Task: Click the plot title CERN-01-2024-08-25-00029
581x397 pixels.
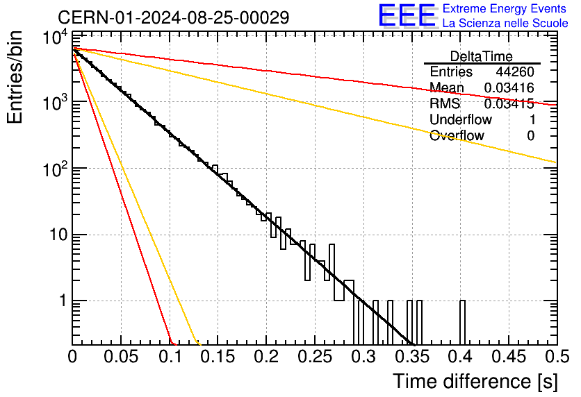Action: pyautogui.click(x=174, y=17)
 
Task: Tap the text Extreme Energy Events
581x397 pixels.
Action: pyautogui.click(x=505, y=8)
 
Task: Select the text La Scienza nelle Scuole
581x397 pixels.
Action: pyautogui.click(x=505, y=23)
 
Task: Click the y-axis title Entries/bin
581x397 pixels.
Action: pyautogui.click(x=15, y=77)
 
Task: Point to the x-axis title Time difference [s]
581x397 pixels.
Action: pyautogui.click(x=475, y=382)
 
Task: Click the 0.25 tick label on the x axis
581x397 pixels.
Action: pyautogui.click(x=315, y=357)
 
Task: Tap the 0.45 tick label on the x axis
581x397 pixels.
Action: pyautogui.click(x=509, y=357)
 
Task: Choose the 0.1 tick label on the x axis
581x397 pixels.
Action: pyautogui.click(x=170, y=357)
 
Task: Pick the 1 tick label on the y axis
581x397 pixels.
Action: pyautogui.click(x=63, y=301)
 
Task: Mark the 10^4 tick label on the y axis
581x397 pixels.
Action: pyautogui.click(x=55, y=37)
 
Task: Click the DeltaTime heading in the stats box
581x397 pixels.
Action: pyautogui.click(x=482, y=56)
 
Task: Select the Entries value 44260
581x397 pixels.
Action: pyautogui.click(x=515, y=71)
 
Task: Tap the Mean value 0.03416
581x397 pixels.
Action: pyautogui.click(x=509, y=87)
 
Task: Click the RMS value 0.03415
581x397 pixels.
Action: pyautogui.click(x=509, y=103)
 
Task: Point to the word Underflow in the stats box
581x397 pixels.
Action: pyautogui.click(x=461, y=119)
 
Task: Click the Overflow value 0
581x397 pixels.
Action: pyautogui.click(x=530, y=135)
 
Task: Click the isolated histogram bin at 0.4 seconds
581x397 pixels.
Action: pyautogui.click(x=462, y=322)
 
